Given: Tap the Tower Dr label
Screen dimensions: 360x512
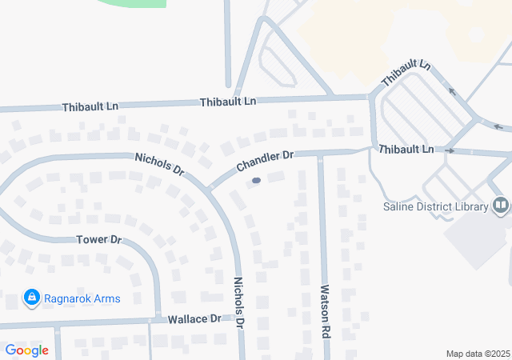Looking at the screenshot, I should coord(98,240).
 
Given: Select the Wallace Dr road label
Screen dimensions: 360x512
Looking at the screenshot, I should coord(194,319).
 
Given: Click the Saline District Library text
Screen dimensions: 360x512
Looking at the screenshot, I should coord(434,207).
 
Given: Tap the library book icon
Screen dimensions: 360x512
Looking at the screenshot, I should coord(501,206).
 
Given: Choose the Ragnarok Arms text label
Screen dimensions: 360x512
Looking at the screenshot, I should coord(83,299).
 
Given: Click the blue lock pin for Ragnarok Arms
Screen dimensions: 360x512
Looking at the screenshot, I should coord(31,298).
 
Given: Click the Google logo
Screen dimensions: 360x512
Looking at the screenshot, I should coord(26,350).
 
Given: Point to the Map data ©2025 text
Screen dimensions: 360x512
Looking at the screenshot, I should coord(478,354).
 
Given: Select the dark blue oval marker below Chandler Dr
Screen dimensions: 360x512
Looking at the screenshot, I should coord(256,181).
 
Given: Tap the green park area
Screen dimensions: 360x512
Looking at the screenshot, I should coord(132,3).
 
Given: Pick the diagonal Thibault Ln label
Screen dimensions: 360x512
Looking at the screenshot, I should coord(406,74).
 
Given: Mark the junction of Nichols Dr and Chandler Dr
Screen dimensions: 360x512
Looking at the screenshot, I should coord(209,190).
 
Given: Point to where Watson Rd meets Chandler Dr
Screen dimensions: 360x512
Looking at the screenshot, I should coord(321,154).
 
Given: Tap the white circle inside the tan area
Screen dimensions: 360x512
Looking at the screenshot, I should coord(477,35).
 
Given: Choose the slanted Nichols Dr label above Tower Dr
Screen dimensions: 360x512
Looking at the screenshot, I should coord(160,165).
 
